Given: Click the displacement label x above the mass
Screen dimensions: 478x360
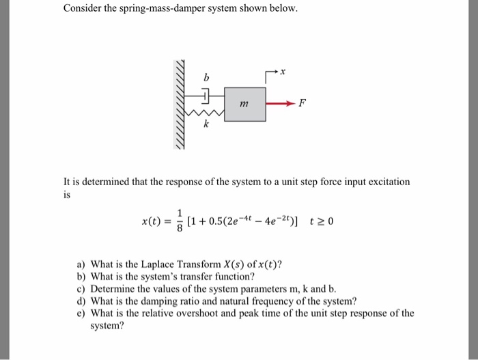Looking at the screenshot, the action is click(282, 70).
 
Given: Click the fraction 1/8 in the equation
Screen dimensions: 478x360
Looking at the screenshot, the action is click(180, 221).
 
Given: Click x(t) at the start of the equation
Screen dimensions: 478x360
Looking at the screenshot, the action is click(151, 221).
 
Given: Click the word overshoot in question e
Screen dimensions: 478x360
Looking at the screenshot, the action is click(208, 314).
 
